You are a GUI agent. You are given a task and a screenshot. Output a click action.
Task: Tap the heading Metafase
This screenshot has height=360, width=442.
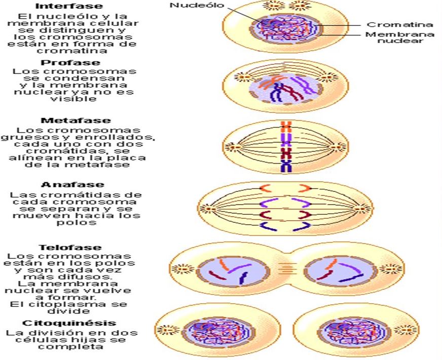(76, 121)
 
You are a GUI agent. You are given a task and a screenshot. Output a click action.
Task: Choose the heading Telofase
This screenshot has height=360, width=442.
(70, 248)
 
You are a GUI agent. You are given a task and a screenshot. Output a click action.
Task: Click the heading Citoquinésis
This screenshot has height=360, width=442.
(69, 323)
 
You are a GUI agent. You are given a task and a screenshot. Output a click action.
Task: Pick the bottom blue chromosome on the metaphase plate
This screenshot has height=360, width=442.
(285, 166)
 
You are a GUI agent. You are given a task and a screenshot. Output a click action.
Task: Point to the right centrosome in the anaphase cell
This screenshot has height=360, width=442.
(362, 208)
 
